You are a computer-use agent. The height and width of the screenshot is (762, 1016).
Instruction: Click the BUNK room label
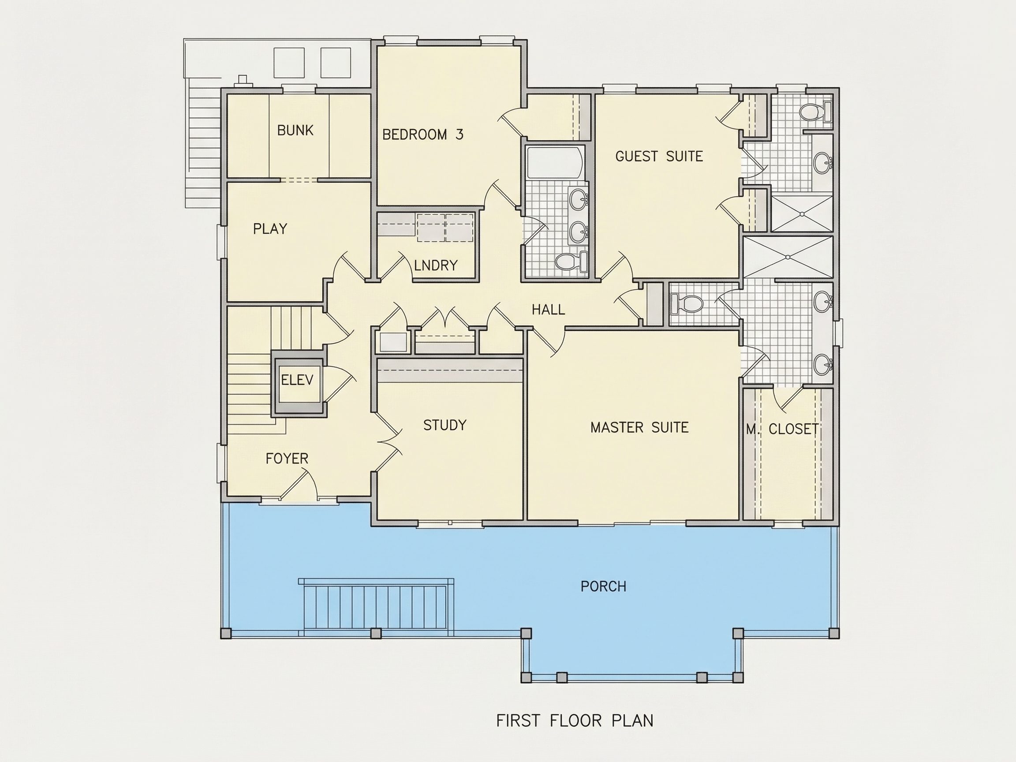[x=295, y=131]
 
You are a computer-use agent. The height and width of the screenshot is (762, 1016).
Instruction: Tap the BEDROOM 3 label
[x=422, y=134]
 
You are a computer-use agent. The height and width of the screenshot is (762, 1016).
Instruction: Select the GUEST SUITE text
[x=659, y=157]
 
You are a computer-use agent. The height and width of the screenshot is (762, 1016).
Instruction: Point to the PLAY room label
[x=270, y=229]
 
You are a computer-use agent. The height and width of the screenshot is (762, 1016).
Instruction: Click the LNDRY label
[x=435, y=265]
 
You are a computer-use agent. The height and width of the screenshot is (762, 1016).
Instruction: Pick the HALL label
[x=549, y=310]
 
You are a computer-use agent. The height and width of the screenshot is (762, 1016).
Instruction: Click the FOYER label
[x=287, y=459]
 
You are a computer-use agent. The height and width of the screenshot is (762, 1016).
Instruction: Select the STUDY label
[x=444, y=426]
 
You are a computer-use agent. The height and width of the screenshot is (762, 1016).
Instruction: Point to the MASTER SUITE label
[x=639, y=428]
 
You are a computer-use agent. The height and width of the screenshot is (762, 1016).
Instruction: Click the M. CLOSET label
[x=782, y=430]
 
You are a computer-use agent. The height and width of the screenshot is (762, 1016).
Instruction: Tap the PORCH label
[x=603, y=586]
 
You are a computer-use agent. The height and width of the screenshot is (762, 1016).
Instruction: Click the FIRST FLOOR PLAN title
[x=575, y=721]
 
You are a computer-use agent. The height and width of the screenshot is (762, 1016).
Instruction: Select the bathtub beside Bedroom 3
[x=555, y=163]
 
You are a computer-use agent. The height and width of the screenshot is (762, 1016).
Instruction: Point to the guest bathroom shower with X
[x=802, y=213]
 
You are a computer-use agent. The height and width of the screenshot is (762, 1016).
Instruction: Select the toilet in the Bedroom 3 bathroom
[x=571, y=262]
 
